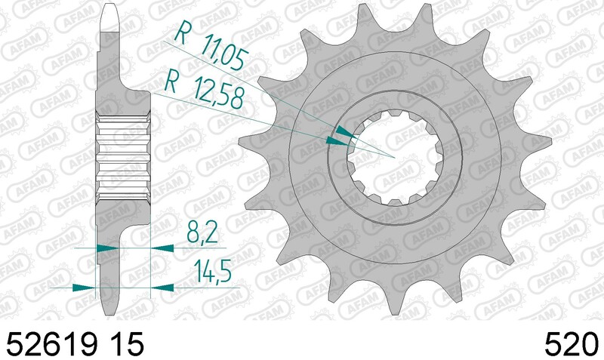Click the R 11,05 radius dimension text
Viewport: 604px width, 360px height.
point(210,45)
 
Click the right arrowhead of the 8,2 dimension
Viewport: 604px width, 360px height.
point(161,247)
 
